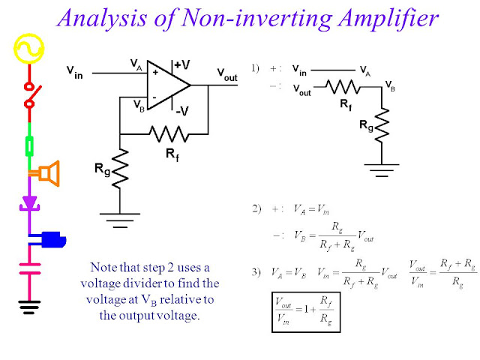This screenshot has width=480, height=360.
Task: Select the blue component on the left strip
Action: point(52,239)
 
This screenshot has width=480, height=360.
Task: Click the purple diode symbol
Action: point(29,202)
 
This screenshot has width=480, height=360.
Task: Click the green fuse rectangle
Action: point(29,145)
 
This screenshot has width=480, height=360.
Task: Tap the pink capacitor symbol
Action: point(29,268)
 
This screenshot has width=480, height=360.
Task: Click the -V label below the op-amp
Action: point(181,111)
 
